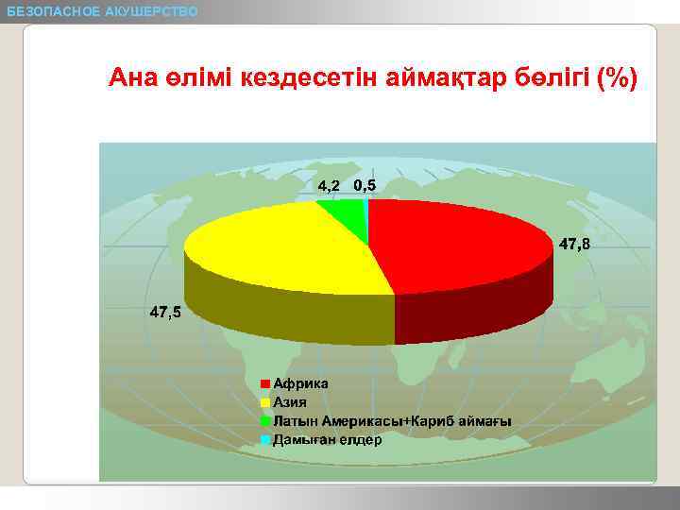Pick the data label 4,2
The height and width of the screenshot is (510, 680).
point(329,185)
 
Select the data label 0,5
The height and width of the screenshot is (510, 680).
point(365,185)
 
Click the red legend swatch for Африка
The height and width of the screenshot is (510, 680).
point(265,383)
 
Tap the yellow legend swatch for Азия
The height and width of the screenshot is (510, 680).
point(265,402)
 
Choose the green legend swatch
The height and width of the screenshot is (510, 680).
point(265,420)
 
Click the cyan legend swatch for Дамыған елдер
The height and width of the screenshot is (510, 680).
point(265,439)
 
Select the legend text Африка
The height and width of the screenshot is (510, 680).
point(300,383)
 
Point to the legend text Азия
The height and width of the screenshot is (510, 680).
point(291,402)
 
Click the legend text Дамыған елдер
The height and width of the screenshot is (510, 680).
point(327,439)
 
